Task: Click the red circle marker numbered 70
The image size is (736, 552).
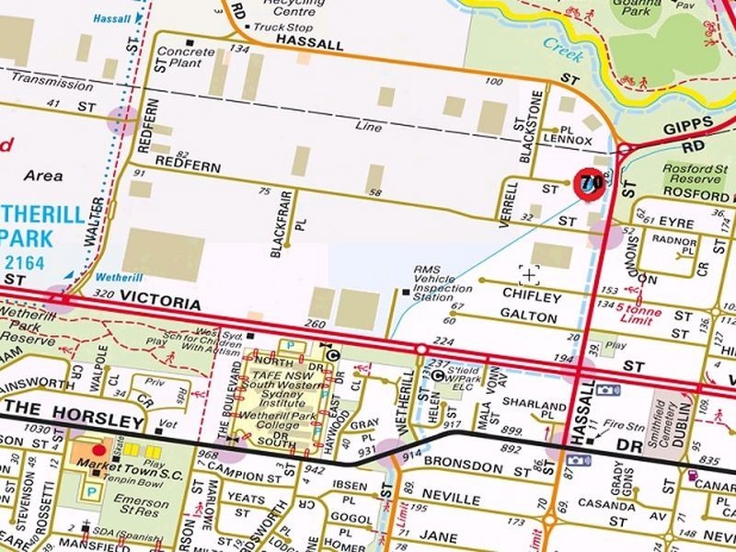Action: tap(587, 182)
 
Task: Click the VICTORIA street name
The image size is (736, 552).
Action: tap(160, 303)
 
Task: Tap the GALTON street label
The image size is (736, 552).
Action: tap(528, 317)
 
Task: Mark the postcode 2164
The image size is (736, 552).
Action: tap(33, 260)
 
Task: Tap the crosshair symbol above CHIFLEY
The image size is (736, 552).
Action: tap(529, 275)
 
